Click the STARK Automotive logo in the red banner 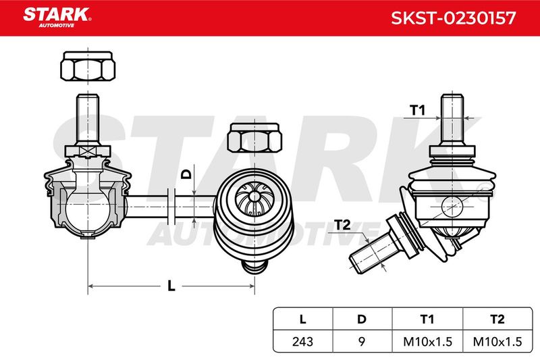point(57,18)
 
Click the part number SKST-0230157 point(453,18)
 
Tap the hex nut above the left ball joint point(88,66)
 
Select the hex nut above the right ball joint point(254,138)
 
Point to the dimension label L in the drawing point(171,286)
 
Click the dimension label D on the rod point(186,174)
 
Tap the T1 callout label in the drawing point(417,110)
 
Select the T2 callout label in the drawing point(342,225)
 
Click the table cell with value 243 point(302,341)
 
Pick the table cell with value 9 point(362,341)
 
